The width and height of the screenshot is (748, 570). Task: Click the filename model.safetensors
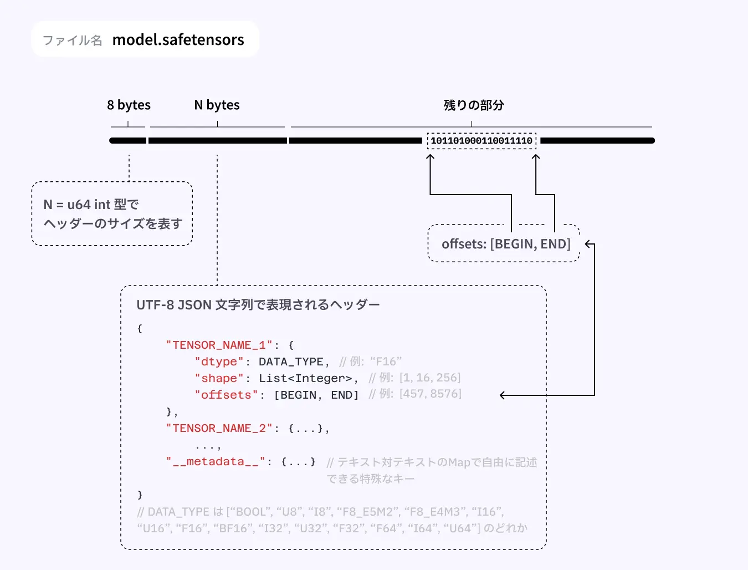coord(178,40)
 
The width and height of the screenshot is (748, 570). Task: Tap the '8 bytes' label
coord(129,105)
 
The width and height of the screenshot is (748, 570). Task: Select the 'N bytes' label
coord(217,105)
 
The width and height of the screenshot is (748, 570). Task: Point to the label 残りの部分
coord(474,105)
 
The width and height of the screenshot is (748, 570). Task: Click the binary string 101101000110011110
coord(481,141)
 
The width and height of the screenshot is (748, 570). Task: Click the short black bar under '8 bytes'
coord(127,141)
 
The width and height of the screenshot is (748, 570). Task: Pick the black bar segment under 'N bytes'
coord(217,141)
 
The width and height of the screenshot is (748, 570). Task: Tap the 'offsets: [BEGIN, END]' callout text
coord(506,244)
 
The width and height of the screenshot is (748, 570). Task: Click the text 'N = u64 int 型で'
coord(91,205)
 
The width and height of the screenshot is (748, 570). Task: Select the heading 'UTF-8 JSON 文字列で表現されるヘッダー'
coord(258,305)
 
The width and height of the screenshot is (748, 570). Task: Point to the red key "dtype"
coord(219,362)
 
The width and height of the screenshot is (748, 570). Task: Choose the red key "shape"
coord(219,378)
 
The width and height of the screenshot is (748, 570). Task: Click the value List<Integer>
coord(305,378)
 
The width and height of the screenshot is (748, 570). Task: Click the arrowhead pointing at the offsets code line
coord(503,395)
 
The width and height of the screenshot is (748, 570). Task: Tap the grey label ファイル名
coord(73,40)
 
